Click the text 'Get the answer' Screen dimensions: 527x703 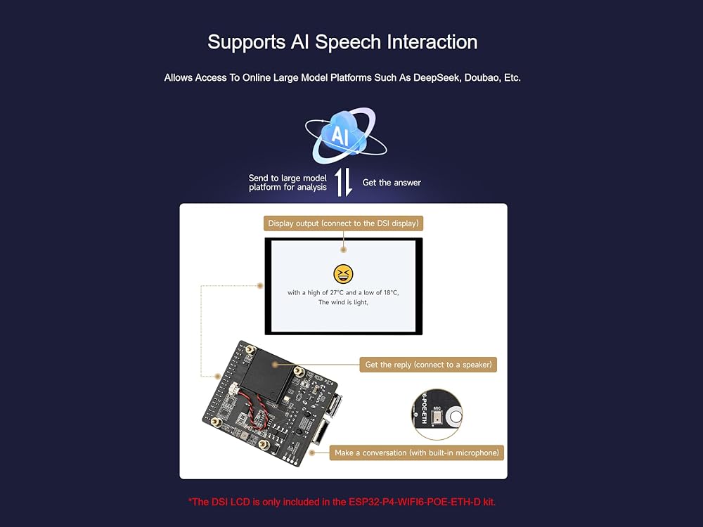tap(392, 183)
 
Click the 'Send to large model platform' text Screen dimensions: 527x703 tap(288, 183)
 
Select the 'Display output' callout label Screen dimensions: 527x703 tap(343, 224)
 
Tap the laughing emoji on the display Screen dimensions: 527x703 tap(343, 275)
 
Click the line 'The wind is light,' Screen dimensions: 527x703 tap(343, 303)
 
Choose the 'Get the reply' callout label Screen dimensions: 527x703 tap(428, 365)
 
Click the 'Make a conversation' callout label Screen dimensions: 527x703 tap(417, 453)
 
